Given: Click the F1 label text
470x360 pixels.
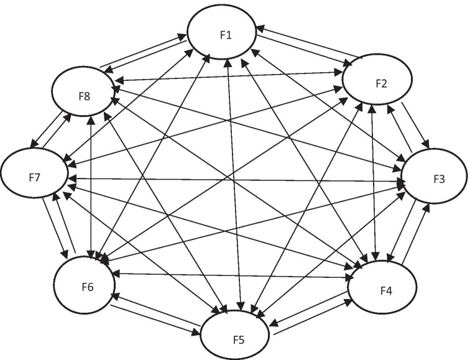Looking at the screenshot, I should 226,35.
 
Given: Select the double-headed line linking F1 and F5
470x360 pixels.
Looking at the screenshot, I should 234,187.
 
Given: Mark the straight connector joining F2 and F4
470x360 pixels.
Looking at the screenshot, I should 373,187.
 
